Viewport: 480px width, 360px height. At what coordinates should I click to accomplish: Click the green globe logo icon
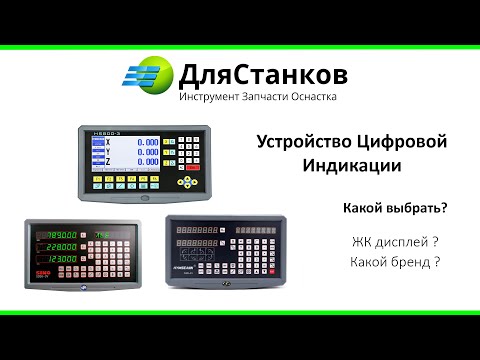click(149, 76)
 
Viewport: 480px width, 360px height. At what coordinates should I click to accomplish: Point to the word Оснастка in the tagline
click(314, 98)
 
